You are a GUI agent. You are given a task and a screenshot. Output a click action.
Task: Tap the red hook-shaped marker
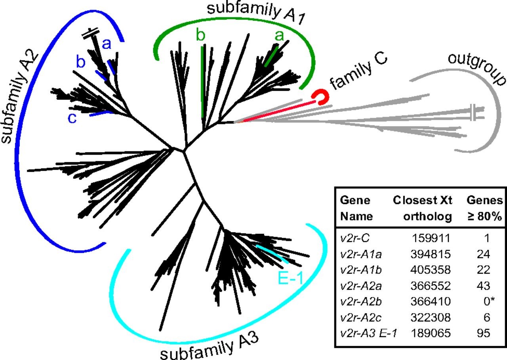(320, 98)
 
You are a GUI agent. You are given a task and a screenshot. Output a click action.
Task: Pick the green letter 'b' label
(201, 36)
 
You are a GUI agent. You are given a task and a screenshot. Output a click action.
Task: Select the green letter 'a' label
(280, 36)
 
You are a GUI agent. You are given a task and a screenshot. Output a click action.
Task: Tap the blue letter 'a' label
(107, 44)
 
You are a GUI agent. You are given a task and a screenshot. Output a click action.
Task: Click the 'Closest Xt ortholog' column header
(422, 208)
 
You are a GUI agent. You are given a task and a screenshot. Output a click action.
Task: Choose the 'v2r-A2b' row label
(357, 302)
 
